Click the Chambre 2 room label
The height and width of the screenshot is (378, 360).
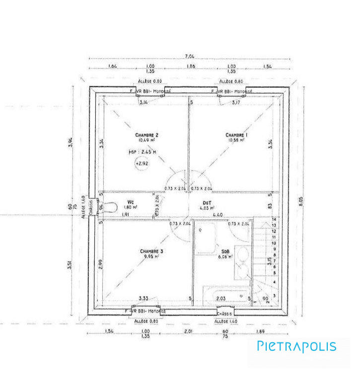146,135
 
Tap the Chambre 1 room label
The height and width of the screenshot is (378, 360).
236,135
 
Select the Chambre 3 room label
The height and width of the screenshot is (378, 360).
151,251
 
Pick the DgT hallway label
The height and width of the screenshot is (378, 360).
208,202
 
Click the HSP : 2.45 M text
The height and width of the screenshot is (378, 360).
143,152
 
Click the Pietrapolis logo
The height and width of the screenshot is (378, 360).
296,346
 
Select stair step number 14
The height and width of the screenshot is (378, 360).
273,219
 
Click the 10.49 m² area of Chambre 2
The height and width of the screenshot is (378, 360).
146,140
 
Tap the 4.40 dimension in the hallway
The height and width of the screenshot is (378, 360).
217,215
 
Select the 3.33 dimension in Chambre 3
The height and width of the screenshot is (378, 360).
144,298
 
